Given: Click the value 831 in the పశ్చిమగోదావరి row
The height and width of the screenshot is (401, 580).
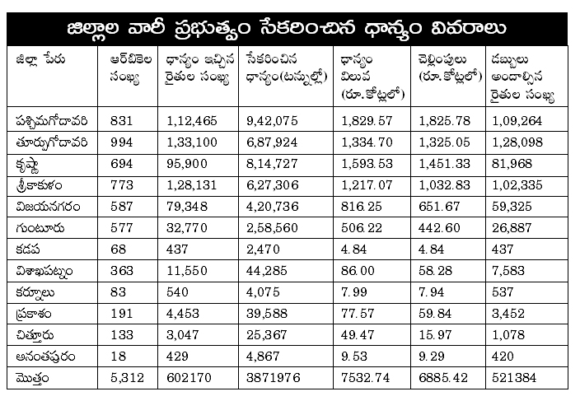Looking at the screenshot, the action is (x=121, y=121).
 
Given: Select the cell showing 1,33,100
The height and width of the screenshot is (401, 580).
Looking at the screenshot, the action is (x=192, y=142).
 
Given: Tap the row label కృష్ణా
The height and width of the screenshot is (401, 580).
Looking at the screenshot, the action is (x=28, y=165).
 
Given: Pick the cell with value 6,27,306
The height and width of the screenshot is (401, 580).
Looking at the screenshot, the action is (x=272, y=185).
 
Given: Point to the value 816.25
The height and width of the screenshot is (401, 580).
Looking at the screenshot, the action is (x=361, y=207).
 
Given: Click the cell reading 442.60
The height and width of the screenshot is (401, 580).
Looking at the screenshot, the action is (x=439, y=228).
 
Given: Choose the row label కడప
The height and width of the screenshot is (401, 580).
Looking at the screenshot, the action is (x=28, y=249).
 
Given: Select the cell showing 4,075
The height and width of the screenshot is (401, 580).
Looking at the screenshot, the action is (x=263, y=292).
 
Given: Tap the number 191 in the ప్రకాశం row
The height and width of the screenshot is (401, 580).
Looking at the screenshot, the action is (x=121, y=314).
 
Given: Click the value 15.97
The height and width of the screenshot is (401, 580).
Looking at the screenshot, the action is (x=435, y=335).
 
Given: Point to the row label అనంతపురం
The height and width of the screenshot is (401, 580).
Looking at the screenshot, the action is (x=45, y=357).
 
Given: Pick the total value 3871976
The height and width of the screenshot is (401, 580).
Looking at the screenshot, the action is (x=274, y=378).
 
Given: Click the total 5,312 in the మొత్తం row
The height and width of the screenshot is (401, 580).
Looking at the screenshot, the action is (x=127, y=378).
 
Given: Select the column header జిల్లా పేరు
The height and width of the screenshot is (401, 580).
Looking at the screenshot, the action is (x=40, y=59).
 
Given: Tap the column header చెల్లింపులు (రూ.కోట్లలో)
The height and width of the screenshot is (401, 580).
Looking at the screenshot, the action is (x=450, y=68).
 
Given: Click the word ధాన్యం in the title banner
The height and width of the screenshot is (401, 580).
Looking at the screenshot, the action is (x=393, y=29).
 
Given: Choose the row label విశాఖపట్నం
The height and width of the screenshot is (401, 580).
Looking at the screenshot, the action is (x=44, y=272).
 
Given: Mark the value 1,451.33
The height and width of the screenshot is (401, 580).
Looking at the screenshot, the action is (x=444, y=164).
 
